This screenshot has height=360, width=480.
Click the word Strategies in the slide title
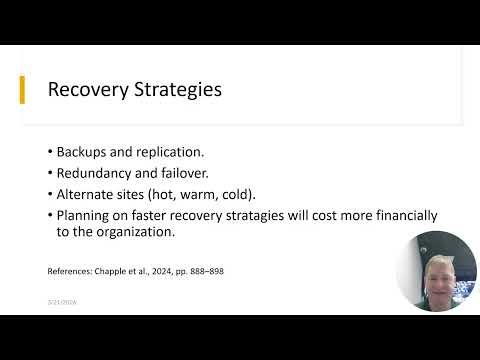point(172,90)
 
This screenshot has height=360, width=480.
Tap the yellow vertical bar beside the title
point(23,89)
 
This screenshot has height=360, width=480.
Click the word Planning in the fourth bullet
point(86,215)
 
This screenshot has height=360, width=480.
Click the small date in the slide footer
point(62,301)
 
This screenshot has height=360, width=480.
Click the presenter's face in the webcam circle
point(436,272)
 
